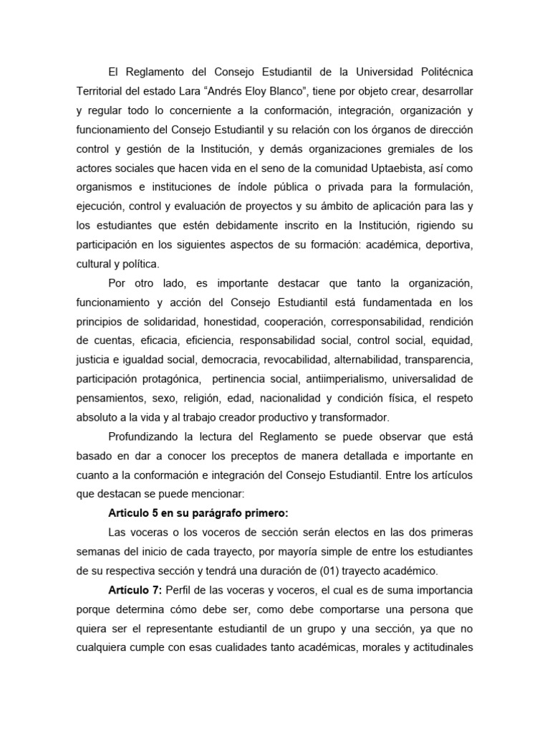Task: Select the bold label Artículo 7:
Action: tap(135, 589)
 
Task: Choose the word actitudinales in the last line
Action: tap(438, 647)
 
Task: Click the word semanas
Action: tap(100, 550)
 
